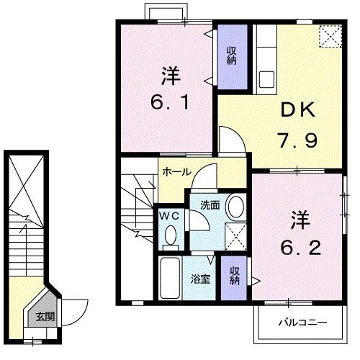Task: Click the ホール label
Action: click(176, 173)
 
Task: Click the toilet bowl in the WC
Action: click(171, 235)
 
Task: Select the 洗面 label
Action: click(210, 204)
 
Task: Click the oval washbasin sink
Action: click(235, 207)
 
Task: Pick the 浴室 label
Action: click(200, 279)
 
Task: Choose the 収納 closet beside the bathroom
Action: click(235, 275)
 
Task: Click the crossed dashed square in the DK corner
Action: click(330, 36)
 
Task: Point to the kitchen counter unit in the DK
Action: click(264, 58)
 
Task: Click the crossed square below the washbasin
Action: click(233, 235)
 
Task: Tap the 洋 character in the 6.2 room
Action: click(298, 218)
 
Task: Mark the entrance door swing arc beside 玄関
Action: click(78, 310)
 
